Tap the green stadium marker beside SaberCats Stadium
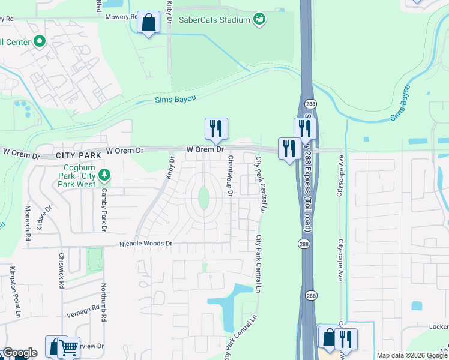coord(259,20)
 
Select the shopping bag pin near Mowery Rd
coord(148,23)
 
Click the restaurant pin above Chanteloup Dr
coord(216,128)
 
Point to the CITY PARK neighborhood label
coord(76,155)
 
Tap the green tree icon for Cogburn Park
coord(105,175)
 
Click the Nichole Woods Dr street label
coord(146,244)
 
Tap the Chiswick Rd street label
coord(61,270)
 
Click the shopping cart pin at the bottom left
coord(68,347)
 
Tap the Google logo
coord(19,353)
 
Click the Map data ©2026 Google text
coord(411,355)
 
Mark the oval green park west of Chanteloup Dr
coord(203,197)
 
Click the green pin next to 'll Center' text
coord(40,42)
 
